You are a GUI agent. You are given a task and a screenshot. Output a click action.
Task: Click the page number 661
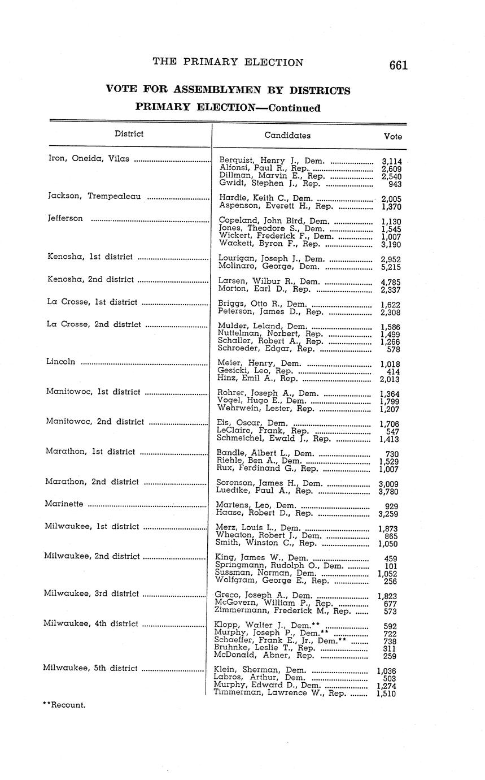[x=398, y=66]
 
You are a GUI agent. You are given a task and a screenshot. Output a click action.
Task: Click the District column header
[x=129, y=134]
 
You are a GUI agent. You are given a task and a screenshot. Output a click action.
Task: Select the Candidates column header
[x=287, y=136]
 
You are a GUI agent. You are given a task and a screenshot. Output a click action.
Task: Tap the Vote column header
[x=392, y=136]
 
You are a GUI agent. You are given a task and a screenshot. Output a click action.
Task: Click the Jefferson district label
[x=65, y=218]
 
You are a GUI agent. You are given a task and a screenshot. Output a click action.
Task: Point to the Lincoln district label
[x=60, y=362]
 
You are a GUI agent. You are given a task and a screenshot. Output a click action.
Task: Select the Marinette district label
[x=64, y=504]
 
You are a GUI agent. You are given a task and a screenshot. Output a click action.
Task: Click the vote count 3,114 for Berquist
[x=391, y=162]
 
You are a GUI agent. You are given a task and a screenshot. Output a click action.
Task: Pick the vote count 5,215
[x=391, y=267]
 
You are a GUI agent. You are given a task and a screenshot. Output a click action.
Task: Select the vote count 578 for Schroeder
[x=395, y=349]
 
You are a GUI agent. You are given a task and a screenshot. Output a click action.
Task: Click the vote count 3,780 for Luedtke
[x=388, y=491]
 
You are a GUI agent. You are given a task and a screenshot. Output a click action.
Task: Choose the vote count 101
[x=391, y=566]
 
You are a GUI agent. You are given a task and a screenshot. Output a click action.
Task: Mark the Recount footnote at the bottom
[x=64, y=705]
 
